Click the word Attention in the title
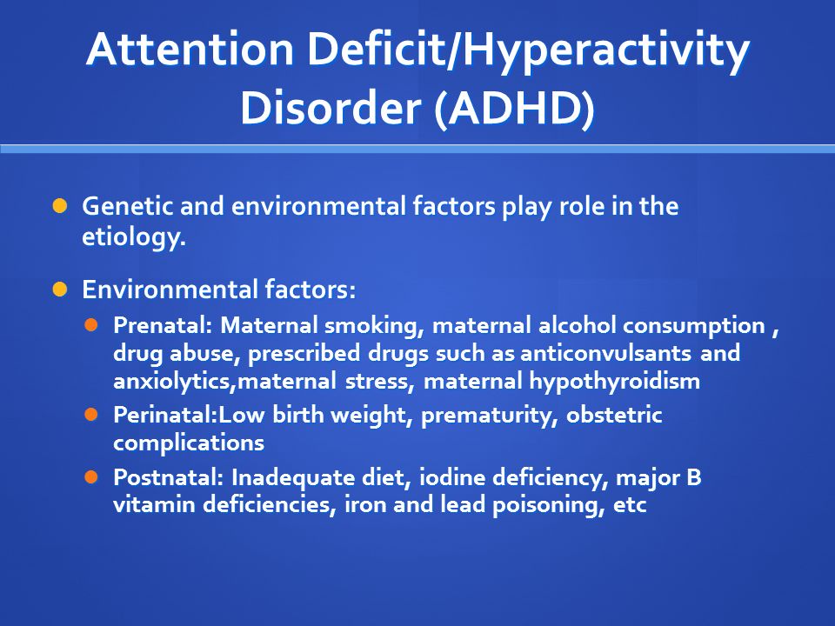pos(190,50)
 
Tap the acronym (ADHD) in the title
pos(514,108)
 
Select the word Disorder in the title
pos(331,108)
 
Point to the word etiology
pos(134,236)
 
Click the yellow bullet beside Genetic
pos(60,205)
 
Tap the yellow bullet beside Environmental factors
pos(60,289)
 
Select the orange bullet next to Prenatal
pos(91,324)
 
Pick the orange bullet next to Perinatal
pos(91,414)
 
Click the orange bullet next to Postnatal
pos(91,476)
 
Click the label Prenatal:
pos(163,324)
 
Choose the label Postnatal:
pos(168,477)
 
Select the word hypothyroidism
pos(615,382)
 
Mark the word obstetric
pos(614,415)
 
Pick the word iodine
pos(452,477)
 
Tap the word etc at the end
pos(630,505)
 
